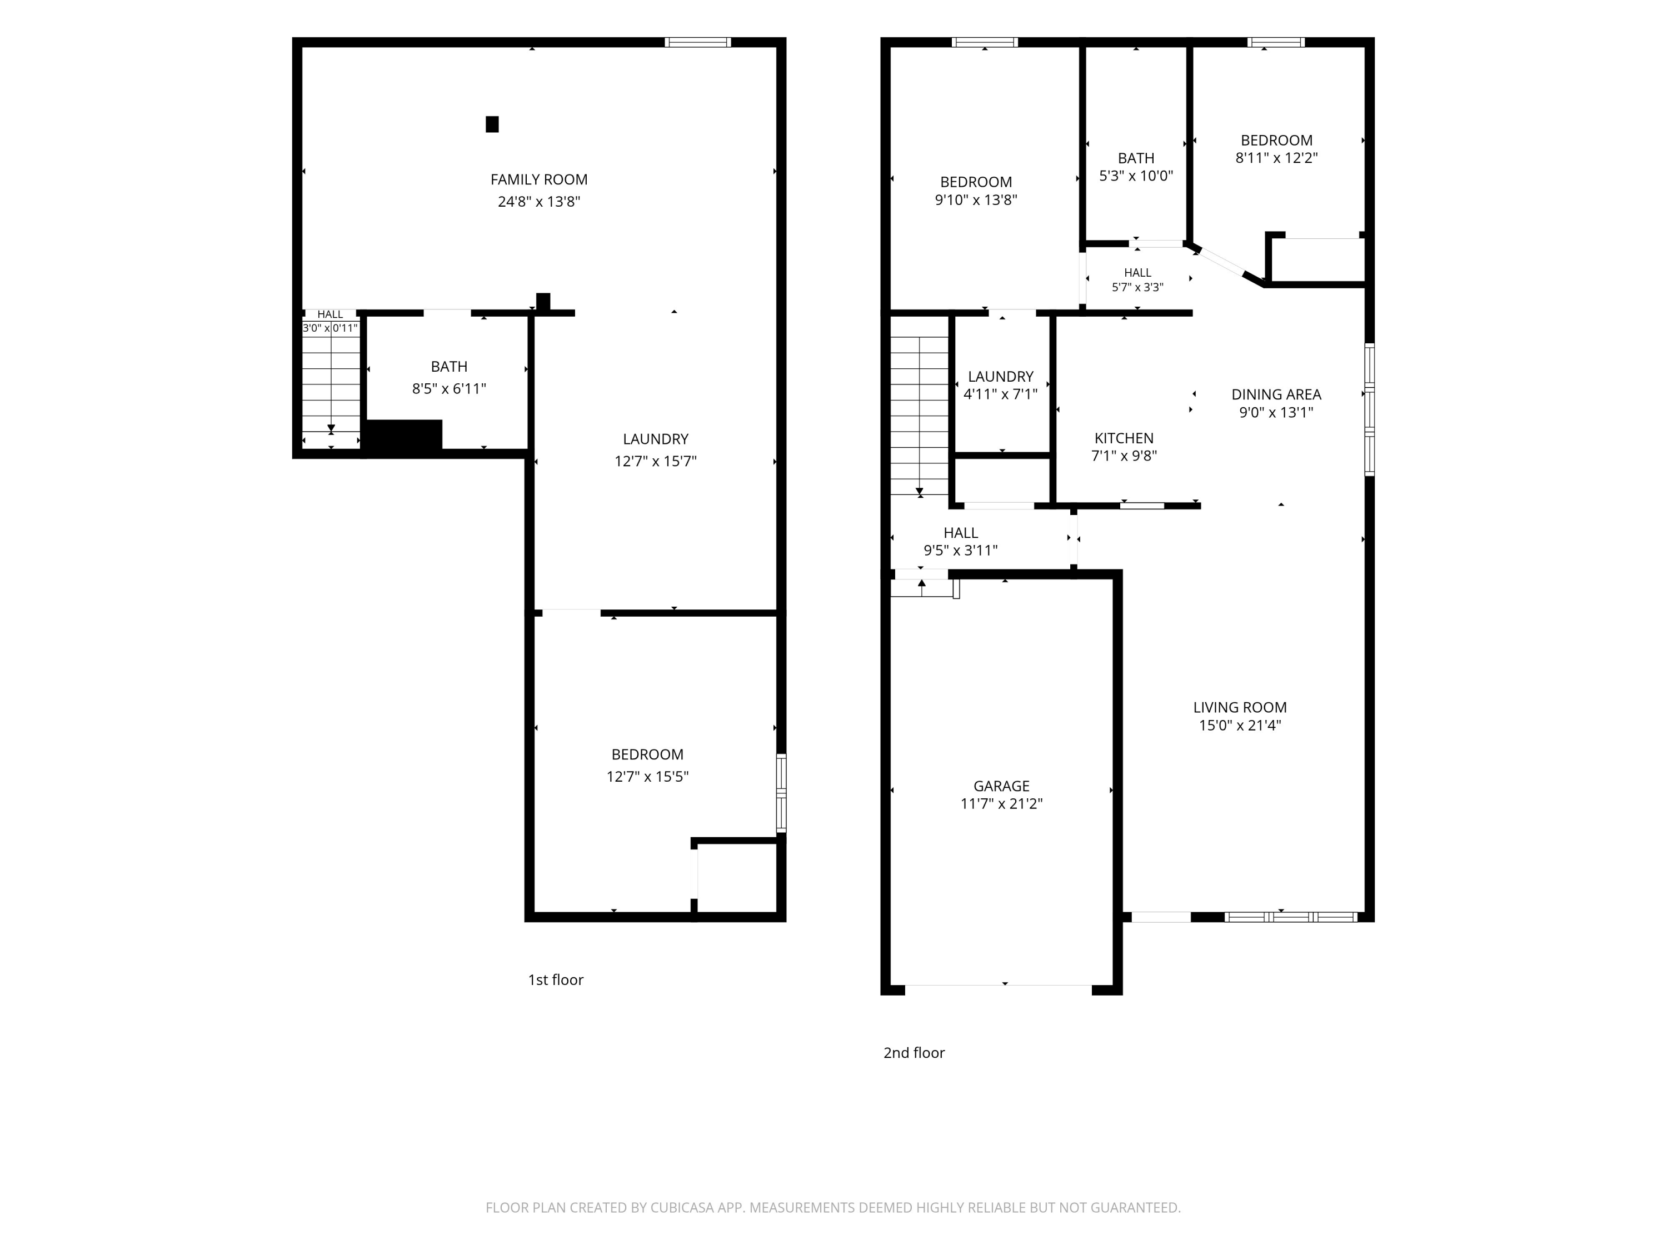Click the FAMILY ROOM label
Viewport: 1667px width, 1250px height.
539,179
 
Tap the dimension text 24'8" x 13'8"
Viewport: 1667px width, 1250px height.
539,201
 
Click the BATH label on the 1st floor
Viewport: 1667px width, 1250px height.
449,366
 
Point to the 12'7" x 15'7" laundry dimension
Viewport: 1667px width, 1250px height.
656,461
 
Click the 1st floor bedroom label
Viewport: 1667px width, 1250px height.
647,754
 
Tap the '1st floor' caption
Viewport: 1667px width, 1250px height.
556,979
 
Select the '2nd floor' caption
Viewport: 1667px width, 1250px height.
914,1053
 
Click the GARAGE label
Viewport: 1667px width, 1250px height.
1001,786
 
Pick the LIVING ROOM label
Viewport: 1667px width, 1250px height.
1240,708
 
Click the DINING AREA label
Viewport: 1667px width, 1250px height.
1276,394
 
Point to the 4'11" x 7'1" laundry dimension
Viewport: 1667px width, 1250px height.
1001,394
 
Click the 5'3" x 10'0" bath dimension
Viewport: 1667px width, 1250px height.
1136,176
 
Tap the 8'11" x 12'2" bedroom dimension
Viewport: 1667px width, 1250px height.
1276,158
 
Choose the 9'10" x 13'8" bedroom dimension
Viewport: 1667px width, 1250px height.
976,199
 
